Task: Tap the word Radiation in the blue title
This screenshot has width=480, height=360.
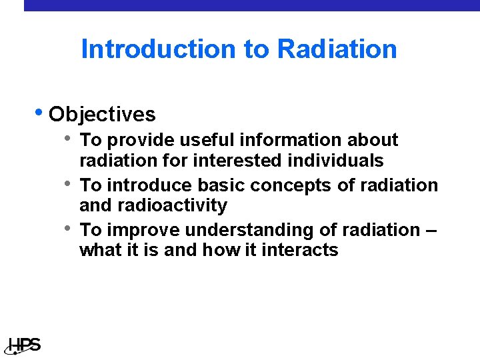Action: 337,49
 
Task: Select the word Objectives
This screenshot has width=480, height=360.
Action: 102,115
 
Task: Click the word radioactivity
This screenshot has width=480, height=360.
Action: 173,205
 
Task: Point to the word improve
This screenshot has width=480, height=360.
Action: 143,230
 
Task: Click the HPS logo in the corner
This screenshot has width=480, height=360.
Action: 25,345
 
